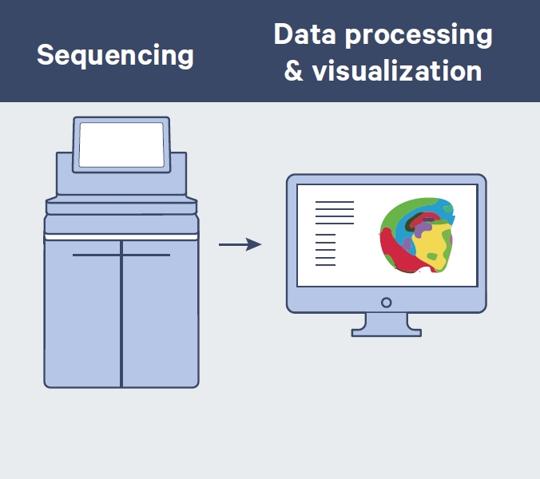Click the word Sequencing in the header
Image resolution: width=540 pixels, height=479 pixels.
115,55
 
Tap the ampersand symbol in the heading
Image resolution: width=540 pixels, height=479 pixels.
293,72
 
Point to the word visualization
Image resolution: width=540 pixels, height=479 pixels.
397,71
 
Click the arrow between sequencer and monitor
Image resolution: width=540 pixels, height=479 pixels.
240,244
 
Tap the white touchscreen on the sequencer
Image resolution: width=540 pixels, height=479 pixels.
121,144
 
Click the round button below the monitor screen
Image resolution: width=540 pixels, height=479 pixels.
387,303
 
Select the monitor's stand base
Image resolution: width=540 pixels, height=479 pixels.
387,331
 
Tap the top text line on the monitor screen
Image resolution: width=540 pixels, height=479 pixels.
335,203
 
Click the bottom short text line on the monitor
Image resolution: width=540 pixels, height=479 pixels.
326,265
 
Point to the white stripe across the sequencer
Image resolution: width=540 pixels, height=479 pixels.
121,236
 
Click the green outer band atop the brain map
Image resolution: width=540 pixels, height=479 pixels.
415,203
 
